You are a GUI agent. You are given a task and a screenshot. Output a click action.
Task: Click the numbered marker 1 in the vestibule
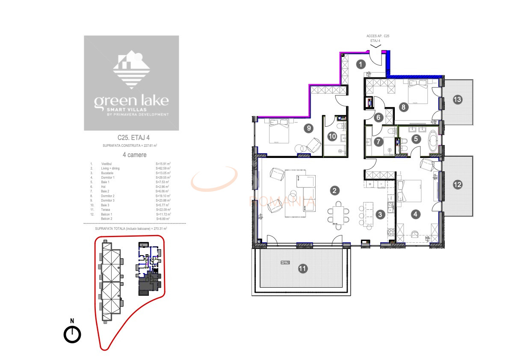[361, 65]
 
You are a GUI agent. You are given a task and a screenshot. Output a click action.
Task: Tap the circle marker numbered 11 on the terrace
[303, 269]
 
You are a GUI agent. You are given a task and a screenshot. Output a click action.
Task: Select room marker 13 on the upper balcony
[457, 100]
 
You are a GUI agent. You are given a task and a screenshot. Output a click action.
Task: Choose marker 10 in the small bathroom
[332, 136]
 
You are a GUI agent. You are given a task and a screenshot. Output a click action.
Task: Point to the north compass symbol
[72, 334]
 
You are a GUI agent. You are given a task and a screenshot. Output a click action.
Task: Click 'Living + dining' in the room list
[110, 168]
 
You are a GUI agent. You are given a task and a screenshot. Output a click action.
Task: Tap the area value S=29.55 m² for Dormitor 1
[163, 177]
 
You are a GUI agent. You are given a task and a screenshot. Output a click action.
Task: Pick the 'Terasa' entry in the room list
[106, 210]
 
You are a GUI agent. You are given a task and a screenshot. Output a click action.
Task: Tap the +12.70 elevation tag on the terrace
[285, 263]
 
